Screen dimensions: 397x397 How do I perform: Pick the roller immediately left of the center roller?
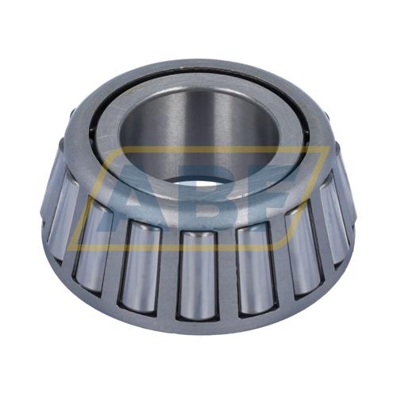140,267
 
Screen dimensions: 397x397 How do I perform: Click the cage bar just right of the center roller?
228,276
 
